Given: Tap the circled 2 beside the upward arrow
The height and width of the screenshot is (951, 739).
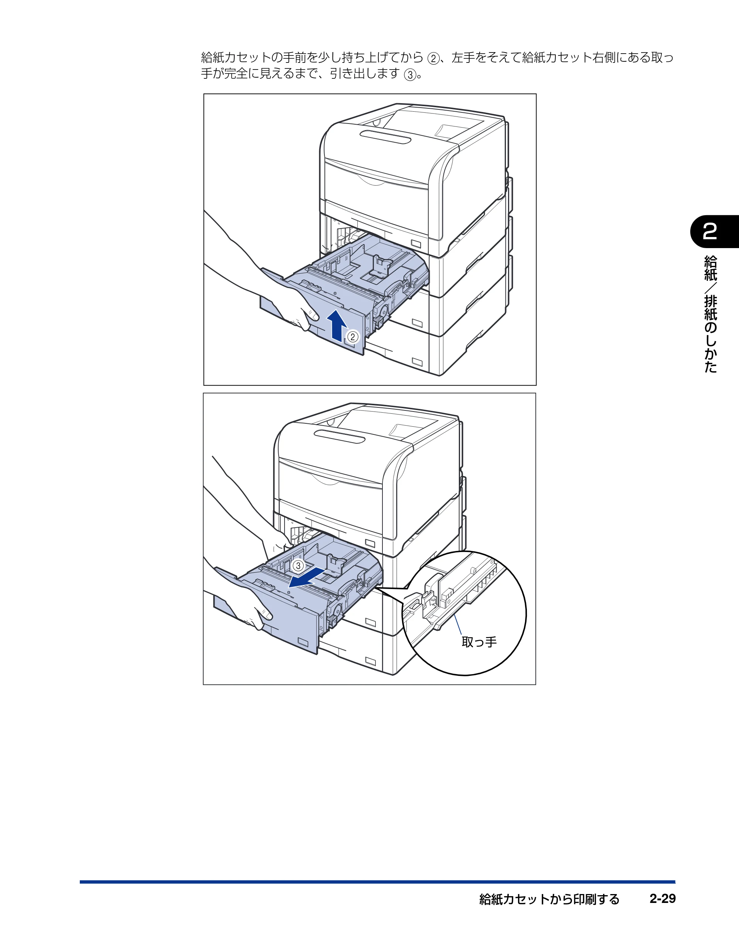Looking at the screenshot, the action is [x=353, y=336].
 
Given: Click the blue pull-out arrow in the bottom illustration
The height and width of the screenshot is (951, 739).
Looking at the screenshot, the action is [x=307, y=578].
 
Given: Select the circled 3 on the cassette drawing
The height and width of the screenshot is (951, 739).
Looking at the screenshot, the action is [x=298, y=566].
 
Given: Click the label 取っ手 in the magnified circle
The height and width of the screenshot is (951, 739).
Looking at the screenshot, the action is [x=479, y=642].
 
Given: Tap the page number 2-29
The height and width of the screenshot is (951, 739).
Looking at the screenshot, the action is [x=663, y=899].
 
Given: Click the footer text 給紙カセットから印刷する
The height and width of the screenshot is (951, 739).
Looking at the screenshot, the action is [x=549, y=899].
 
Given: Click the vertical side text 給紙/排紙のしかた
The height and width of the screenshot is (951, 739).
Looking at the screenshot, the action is [x=710, y=314].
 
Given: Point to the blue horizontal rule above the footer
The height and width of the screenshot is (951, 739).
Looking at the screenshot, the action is [x=377, y=882].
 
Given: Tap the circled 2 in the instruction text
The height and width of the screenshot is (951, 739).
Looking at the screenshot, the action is [x=433, y=58].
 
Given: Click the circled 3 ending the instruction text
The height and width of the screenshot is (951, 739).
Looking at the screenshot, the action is [x=409, y=75].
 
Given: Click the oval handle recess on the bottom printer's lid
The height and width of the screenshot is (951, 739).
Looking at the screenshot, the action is [x=340, y=436].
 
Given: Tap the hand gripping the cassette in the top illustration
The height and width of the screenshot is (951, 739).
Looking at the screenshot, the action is [x=279, y=301].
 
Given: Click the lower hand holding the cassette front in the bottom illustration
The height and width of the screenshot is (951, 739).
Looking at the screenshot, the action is [x=244, y=608].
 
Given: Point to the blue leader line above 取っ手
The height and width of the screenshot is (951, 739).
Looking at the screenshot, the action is [x=457, y=625].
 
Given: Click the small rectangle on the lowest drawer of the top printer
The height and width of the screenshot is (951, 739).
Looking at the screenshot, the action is [x=417, y=362].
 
